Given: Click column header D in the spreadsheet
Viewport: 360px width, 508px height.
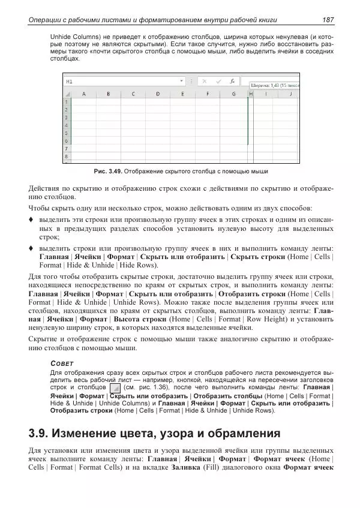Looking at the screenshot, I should click(x=157, y=94).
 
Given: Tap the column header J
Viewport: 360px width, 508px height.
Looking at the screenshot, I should click(x=290, y=94).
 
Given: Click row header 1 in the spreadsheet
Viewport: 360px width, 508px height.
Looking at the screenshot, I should click(x=66, y=102).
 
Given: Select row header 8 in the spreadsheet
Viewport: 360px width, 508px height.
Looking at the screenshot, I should click(x=66, y=157).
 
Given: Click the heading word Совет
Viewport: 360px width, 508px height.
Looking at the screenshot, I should click(x=61, y=363).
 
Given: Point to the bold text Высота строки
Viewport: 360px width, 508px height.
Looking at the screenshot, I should click(x=137, y=320).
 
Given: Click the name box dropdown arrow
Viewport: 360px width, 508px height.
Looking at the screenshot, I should click(x=182, y=80).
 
